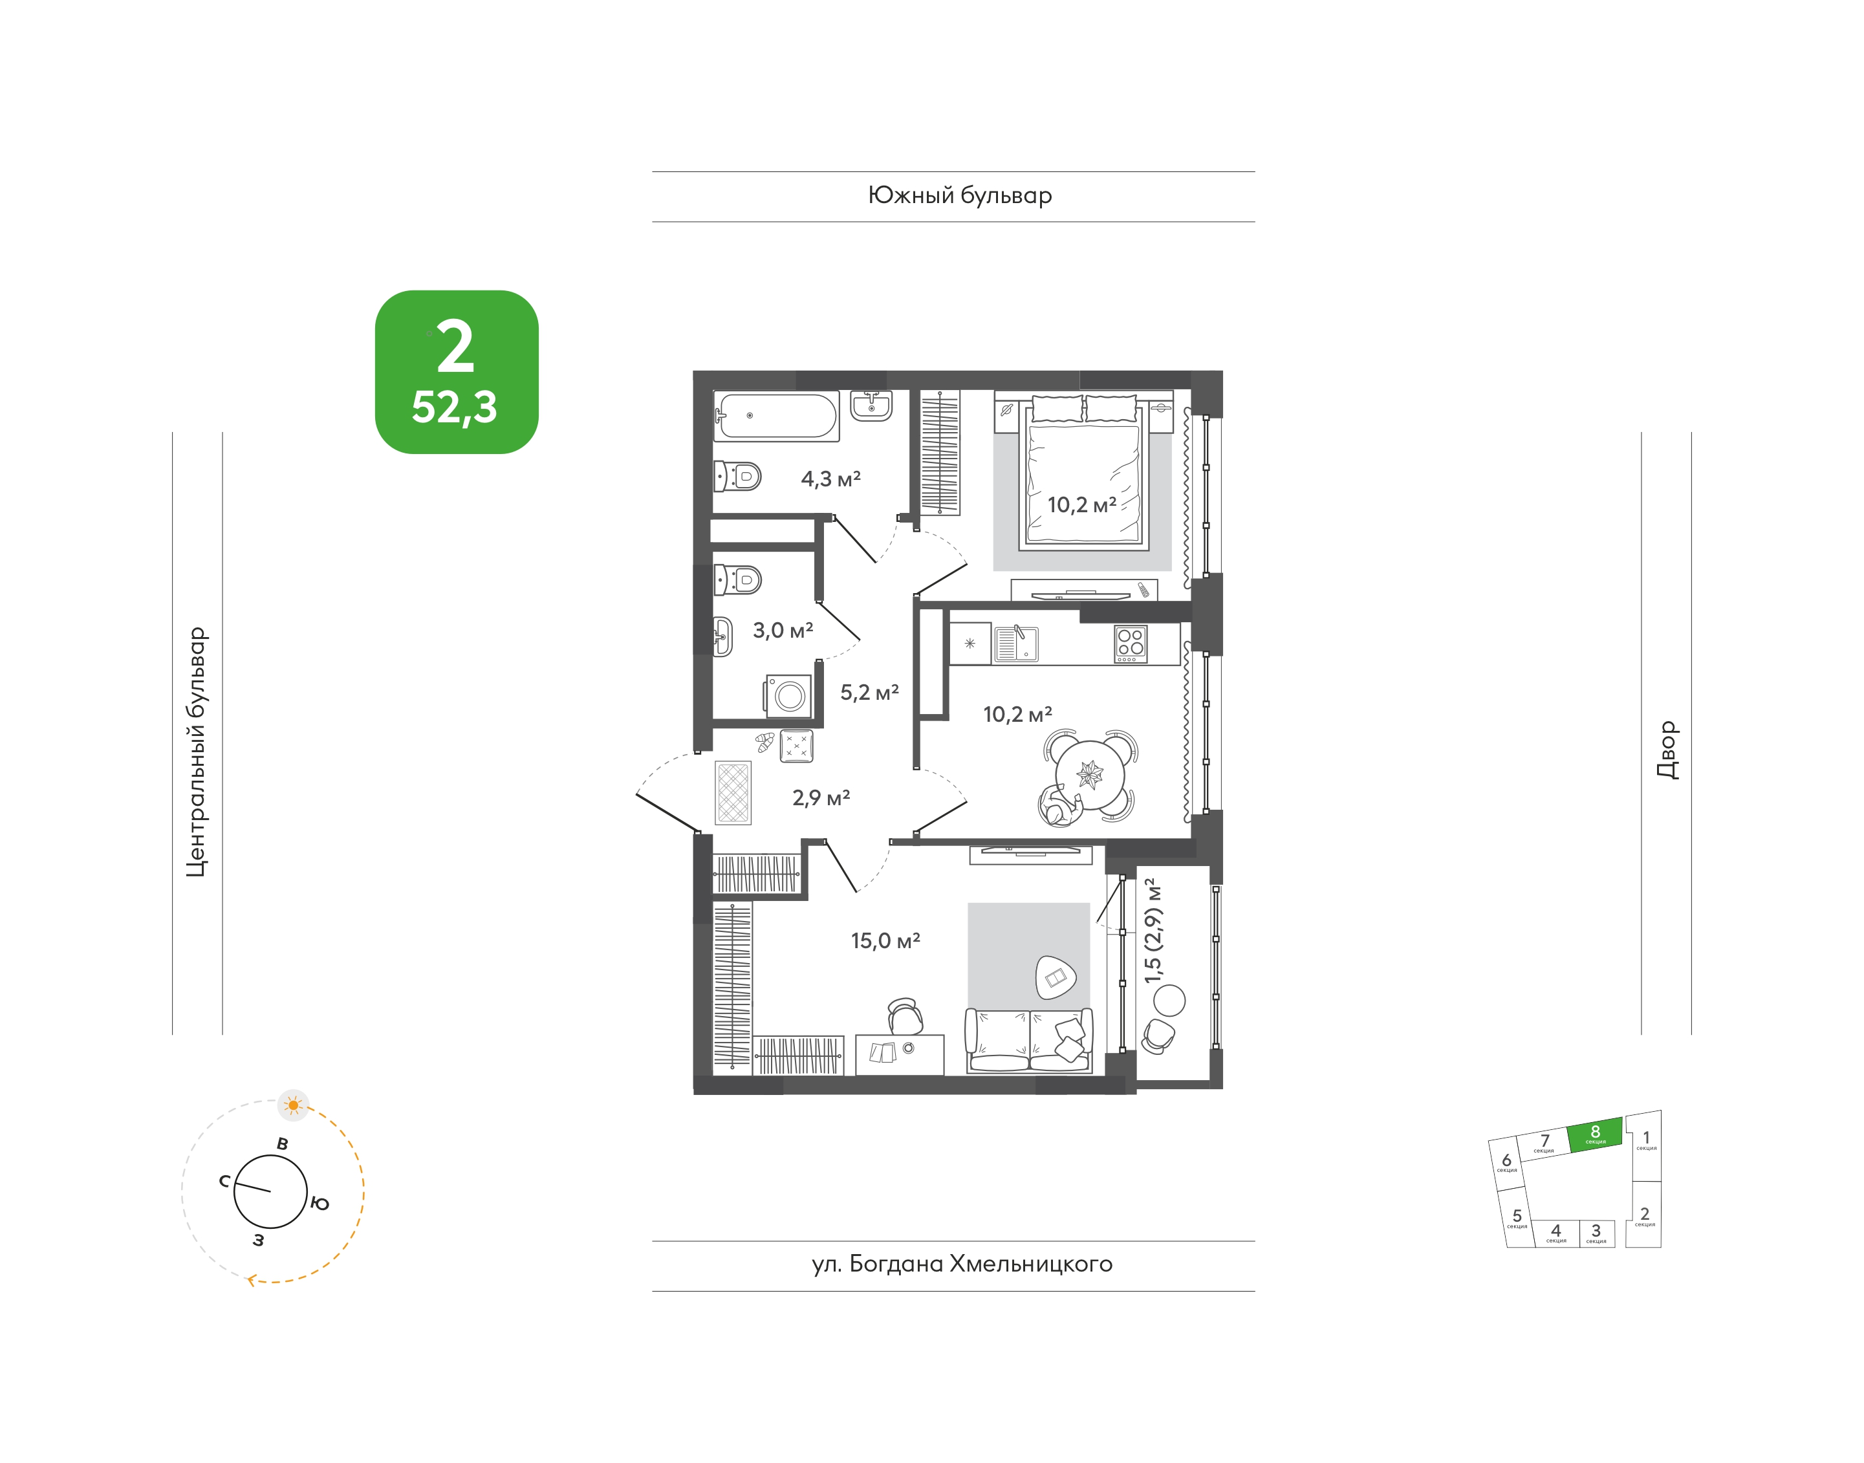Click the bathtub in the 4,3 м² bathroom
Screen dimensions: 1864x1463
pyautogui.click(x=776, y=417)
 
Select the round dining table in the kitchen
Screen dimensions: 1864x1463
pyautogui.click(x=1090, y=774)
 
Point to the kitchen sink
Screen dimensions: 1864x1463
pyautogui.click(x=1016, y=644)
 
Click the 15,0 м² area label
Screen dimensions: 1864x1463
pyautogui.click(x=885, y=940)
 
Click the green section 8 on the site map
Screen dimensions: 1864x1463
pyautogui.click(x=1595, y=1135)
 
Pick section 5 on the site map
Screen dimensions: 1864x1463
pyautogui.click(x=1517, y=1217)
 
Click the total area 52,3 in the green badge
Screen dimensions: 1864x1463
pyautogui.click(x=454, y=407)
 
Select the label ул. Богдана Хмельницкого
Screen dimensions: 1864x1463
pyautogui.click(x=962, y=1264)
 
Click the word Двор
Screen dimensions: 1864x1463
pyautogui.click(x=1667, y=750)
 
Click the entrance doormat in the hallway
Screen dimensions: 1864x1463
pyautogui.click(x=733, y=793)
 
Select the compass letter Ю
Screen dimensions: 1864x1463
pyautogui.click(x=320, y=1204)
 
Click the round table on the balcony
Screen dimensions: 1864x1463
pyautogui.click(x=1169, y=1001)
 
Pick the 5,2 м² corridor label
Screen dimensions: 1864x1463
pyautogui.click(x=869, y=692)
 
